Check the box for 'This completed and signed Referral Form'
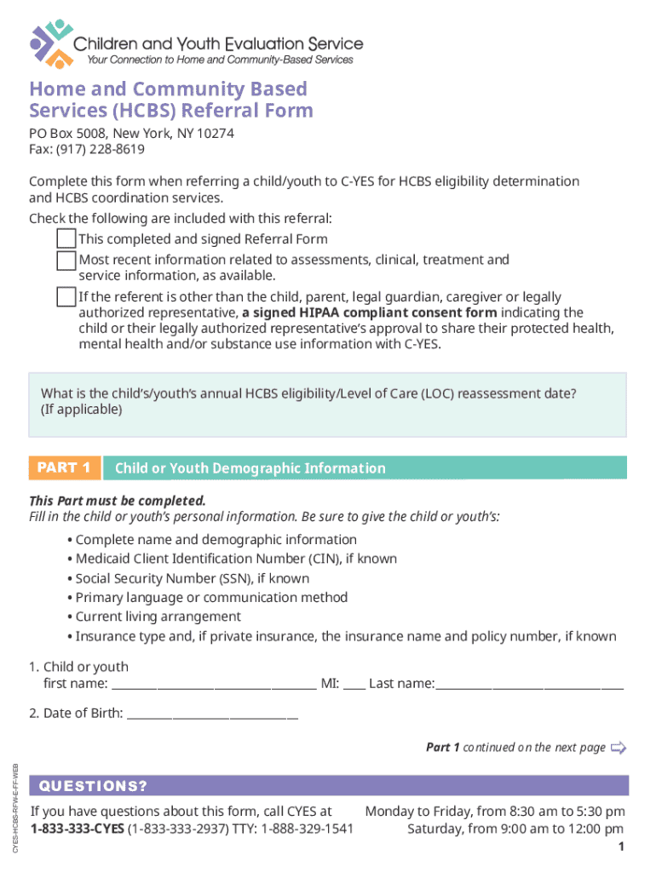pos(66,238)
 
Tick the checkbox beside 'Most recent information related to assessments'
pos(66,260)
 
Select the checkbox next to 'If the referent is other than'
pos(66,297)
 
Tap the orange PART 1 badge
pos(65,468)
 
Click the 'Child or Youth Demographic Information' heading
pos(250,468)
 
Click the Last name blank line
pos(529,683)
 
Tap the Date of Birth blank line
pos(211,713)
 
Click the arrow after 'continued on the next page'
pos(619,749)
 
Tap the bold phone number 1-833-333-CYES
pos(77,829)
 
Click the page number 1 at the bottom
pos(622,846)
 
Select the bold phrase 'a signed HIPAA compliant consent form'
pos(369,313)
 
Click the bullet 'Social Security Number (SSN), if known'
pos(192,578)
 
